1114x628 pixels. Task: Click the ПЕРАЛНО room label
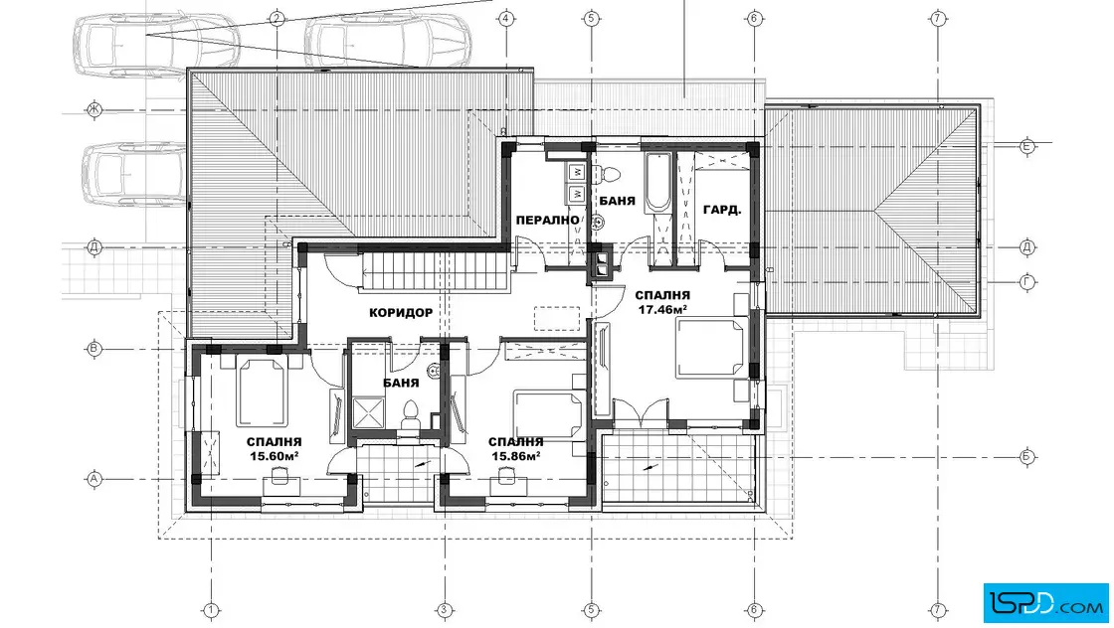pos(548,220)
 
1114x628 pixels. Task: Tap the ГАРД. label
pos(722,210)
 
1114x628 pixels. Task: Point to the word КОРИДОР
pos(401,312)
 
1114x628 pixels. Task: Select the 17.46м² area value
pos(662,309)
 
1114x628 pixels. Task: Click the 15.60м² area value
pos(274,456)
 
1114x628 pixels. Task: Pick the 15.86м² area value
pos(516,456)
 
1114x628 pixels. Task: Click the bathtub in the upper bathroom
pos(656,183)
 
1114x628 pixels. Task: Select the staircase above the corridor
pos(436,271)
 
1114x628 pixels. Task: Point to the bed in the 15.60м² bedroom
pos(262,391)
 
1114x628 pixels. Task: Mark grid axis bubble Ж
pos(93,109)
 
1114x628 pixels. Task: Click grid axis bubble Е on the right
pos(1026,147)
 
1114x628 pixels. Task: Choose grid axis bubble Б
pos(1026,456)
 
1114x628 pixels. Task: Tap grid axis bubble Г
pos(1026,282)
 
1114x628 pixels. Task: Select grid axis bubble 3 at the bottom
pos(444,609)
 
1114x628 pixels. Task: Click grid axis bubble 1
pos(210,609)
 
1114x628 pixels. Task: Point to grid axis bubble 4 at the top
pos(506,19)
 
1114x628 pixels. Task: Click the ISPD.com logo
pos(1045,603)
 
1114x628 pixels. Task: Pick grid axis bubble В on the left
pos(93,349)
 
